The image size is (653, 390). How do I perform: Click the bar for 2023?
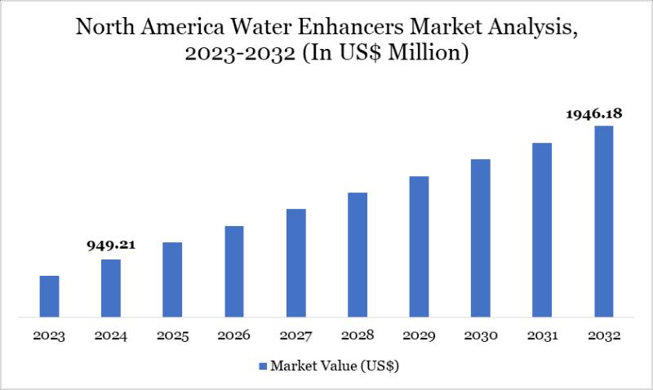49,295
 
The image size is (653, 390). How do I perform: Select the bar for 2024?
111,287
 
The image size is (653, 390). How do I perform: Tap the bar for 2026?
234,271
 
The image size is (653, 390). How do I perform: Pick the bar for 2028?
358,254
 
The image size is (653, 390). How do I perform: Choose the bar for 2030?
481,237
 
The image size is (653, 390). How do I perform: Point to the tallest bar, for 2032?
603,220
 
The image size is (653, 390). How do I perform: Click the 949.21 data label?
110,244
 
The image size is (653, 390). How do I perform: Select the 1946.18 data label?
595,115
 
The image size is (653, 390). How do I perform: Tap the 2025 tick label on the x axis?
172,336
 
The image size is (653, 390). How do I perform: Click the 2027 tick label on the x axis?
295,336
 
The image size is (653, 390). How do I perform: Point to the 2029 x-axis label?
419,336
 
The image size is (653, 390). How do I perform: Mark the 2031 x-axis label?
542,336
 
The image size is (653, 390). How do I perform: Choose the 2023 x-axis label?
49,336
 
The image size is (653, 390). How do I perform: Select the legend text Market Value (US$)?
334,367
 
